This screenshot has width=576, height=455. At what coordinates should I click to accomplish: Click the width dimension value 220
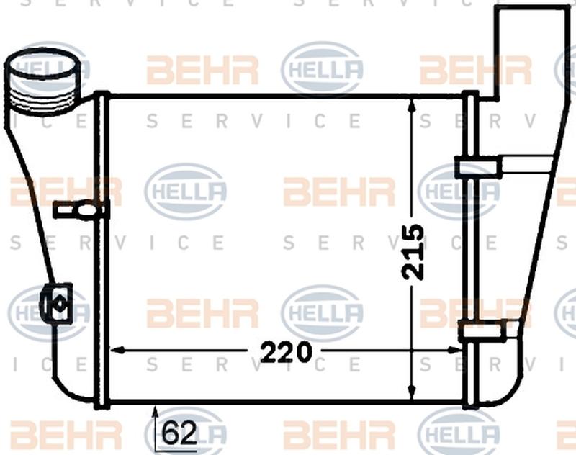pyautogui.click(x=286, y=352)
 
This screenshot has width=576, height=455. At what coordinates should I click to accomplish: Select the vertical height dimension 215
pyautogui.click(x=413, y=251)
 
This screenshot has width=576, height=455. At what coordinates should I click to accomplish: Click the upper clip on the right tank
pyautogui.click(x=478, y=168)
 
